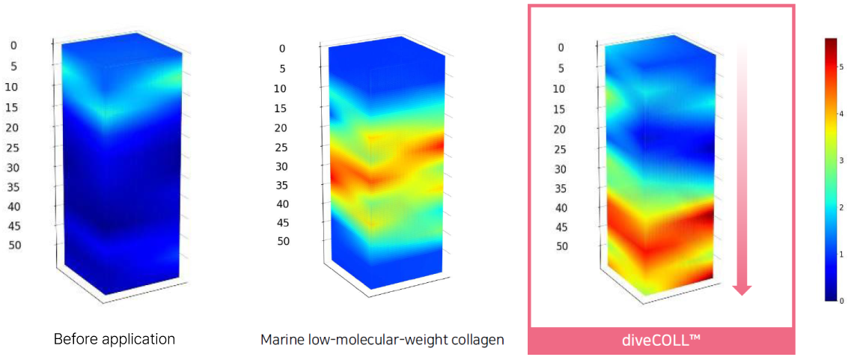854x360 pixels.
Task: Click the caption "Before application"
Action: tap(114, 339)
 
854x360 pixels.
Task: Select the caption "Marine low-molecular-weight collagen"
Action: tap(382, 340)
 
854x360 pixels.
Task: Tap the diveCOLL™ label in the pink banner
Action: tap(661, 341)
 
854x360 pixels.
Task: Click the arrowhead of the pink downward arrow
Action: tap(742, 288)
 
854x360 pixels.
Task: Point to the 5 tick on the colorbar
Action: tap(841, 67)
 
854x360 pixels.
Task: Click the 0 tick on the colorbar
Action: tap(841, 300)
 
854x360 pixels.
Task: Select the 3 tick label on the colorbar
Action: tap(841, 160)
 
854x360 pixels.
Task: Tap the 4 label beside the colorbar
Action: tap(841, 114)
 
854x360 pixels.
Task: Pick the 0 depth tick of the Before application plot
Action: tap(13, 46)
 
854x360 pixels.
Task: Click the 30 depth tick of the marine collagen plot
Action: tap(281, 166)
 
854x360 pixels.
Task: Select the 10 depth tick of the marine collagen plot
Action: tap(280, 89)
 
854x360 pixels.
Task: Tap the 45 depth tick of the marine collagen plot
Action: tap(281, 222)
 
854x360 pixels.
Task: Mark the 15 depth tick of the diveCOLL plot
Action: tap(560, 110)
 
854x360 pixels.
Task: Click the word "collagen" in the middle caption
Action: tap(477, 340)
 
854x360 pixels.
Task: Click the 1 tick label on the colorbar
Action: tap(841, 254)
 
